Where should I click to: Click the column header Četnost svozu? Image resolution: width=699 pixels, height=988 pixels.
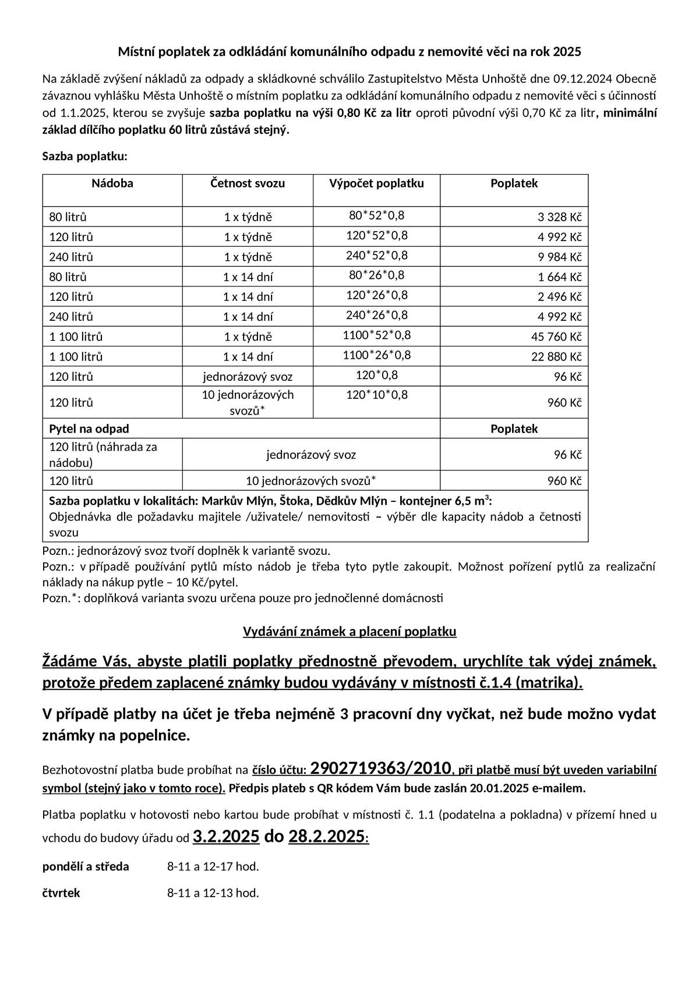248,183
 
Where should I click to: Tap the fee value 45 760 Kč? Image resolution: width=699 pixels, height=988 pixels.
556,337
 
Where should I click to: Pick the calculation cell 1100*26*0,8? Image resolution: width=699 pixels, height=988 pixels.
377,355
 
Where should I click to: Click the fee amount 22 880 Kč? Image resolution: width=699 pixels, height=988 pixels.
556,356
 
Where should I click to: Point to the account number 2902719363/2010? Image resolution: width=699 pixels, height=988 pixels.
381,769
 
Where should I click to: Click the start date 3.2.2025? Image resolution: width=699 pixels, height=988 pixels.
226,837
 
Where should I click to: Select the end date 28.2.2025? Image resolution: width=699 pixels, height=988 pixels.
326,837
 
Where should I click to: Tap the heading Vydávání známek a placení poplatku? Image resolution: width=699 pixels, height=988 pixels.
349,632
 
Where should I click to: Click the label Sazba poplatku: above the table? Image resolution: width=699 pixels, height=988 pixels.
85,156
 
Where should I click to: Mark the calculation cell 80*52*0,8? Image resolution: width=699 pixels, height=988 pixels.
377,215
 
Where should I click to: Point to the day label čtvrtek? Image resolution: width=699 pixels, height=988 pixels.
61,893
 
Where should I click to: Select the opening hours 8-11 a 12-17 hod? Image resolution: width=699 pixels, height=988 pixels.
213,866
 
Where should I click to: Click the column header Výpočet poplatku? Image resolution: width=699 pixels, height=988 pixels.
376,183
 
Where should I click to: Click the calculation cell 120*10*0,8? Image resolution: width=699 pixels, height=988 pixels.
377,395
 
